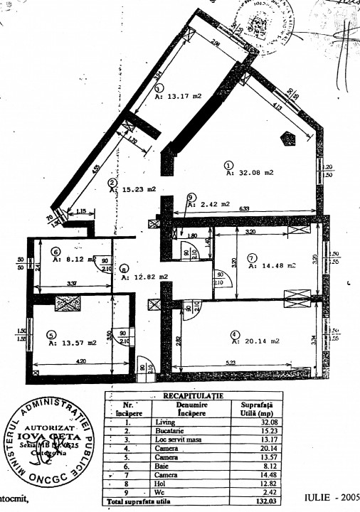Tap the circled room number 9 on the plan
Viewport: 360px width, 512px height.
coord(191,197)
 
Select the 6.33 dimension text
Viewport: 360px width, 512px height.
coord(243,208)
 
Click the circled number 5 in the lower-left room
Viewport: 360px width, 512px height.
coord(51,336)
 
